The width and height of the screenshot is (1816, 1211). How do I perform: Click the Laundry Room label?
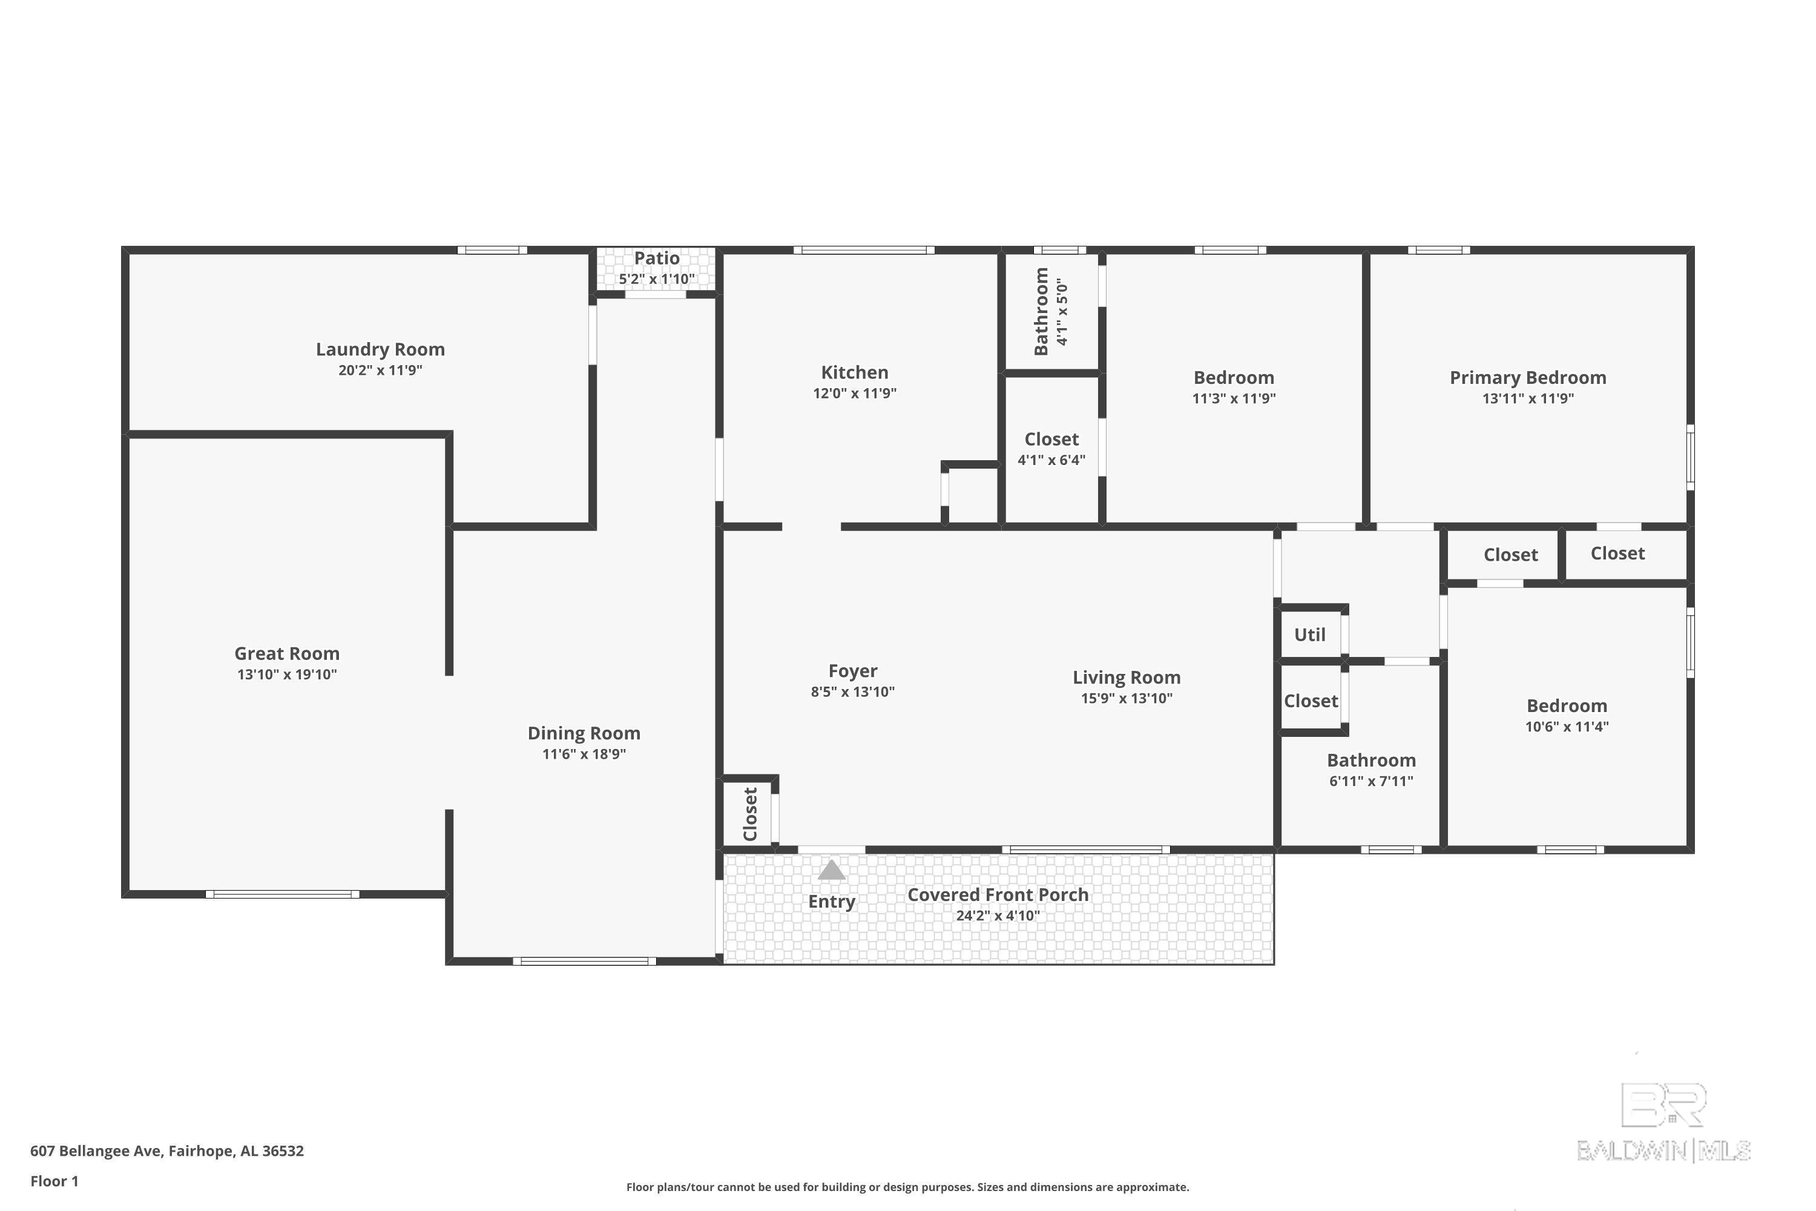[x=380, y=349]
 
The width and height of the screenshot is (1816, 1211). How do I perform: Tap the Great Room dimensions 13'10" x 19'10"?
[x=286, y=675]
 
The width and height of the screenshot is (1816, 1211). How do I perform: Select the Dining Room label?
[x=584, y=733]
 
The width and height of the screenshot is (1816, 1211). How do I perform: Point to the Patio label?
[x=657, y=258]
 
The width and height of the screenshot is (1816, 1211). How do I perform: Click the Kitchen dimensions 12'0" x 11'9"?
[x=854, y=393]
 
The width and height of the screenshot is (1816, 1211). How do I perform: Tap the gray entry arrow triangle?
[x=832, y=871]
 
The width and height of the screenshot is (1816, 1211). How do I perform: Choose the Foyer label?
[x=852, y=671]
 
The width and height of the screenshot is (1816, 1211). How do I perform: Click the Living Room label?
[x=1127, y=678]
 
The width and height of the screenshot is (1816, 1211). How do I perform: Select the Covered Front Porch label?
[x=998, y=894]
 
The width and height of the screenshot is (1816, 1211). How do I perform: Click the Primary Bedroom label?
[x=1527, y=378]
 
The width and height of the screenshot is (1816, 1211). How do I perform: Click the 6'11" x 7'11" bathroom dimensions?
[x=1370, y=781]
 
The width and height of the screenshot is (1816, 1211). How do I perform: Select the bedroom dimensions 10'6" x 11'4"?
[x=1567, y=727]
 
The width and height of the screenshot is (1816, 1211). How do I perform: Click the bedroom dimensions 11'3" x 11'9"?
[x=1234, y=398]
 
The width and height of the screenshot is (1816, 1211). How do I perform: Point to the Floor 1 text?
[x=54, y=1181]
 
